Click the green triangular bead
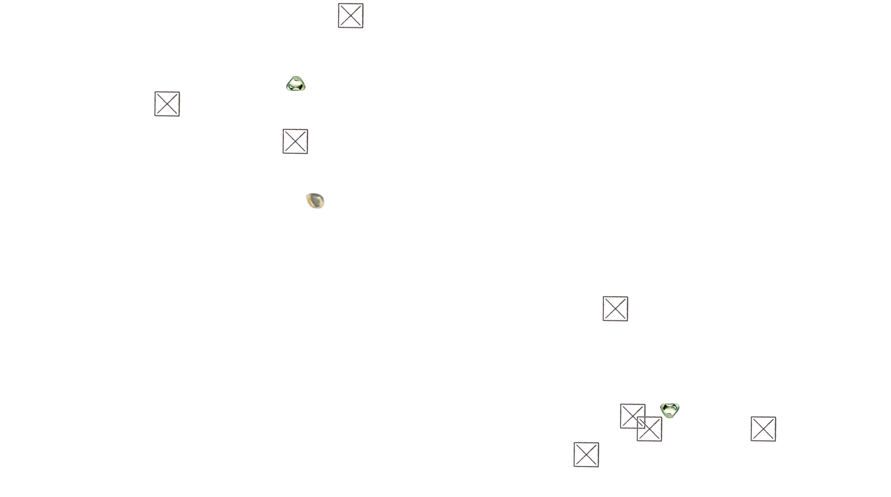(296, 84)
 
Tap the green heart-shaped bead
(669, 410)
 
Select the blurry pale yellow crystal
(317, 201)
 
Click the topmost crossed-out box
(351, 15)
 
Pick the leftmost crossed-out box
(167, 104)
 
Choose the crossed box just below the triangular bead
(295, 141)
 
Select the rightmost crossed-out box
(763, 429)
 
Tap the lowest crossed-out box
(587, 455)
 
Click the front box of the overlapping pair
(650, 429)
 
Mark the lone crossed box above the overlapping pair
(616, 308)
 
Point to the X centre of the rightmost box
(763, 429)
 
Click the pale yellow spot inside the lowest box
(594, 452)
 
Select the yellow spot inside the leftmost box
(175, 102)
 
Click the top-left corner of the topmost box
(339, 4)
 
